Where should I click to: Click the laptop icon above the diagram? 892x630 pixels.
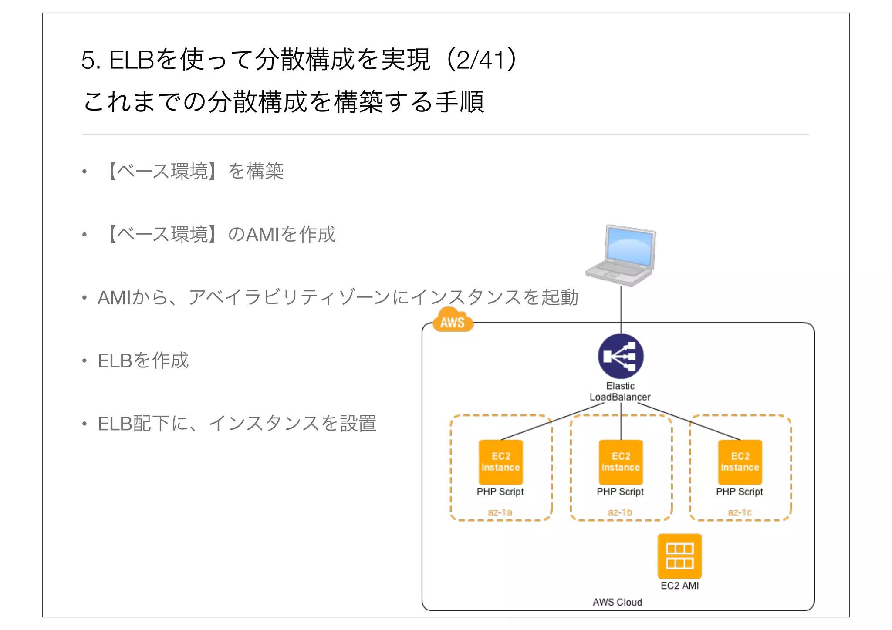coord(621,256)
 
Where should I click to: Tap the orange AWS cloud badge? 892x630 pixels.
coord(453,321)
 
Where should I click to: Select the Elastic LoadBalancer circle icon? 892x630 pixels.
coord(621,356)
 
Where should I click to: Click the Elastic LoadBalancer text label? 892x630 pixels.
coord(620,391)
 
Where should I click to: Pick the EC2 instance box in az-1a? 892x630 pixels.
coord(500,462)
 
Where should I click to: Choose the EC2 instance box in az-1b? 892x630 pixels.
coord(621,462)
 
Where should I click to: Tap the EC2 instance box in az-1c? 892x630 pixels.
coord(740,462)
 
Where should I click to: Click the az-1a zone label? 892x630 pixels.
coord(500,512)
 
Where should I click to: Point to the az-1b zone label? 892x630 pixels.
coord(620,512)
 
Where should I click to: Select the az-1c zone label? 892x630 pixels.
coord(740,512)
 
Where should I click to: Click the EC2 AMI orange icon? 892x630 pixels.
coord(679,556)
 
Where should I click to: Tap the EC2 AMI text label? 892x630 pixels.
coord(679,586)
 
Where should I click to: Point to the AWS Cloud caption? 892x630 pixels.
coord(617,602)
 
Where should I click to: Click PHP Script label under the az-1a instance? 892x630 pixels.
coord(500,492)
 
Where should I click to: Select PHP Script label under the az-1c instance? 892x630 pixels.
coord(740,492)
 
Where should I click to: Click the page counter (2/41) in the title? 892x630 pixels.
coord(482,60)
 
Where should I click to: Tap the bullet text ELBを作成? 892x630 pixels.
coord(143,360)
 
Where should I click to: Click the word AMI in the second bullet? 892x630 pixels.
coord(263,235)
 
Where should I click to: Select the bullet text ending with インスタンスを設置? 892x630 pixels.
coord(237,424)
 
